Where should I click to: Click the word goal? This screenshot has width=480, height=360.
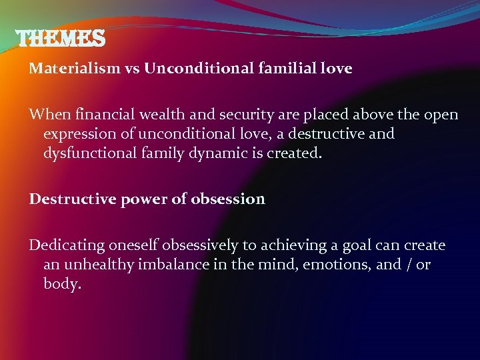tap(360, 245)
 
